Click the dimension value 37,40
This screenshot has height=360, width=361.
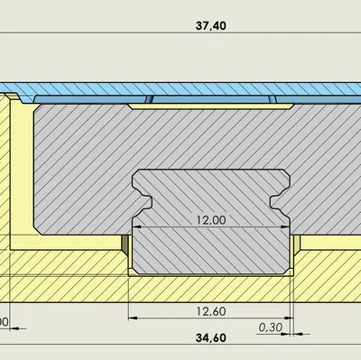pyautogui.click(x=210, y=26)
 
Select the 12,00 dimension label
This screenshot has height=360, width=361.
pyautogui.click(x=210, y=219)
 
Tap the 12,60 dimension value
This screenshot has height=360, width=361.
pyautogui.click(x=210, y=312)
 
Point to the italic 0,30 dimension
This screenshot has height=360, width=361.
pyautogui.click(x=268, y=328)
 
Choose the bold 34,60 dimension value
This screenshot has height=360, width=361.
pyautogui.click(x=210, y=339)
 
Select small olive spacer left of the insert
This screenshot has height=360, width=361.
pyautogui.click(x=125, y=244)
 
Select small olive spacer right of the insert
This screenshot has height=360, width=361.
pyautogui.click(x=296, y=244)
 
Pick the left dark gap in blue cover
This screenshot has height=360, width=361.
pyautogui.click(x=151, y=99)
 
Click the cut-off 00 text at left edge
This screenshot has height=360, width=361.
pyautogui.click(x=4, y=321)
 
